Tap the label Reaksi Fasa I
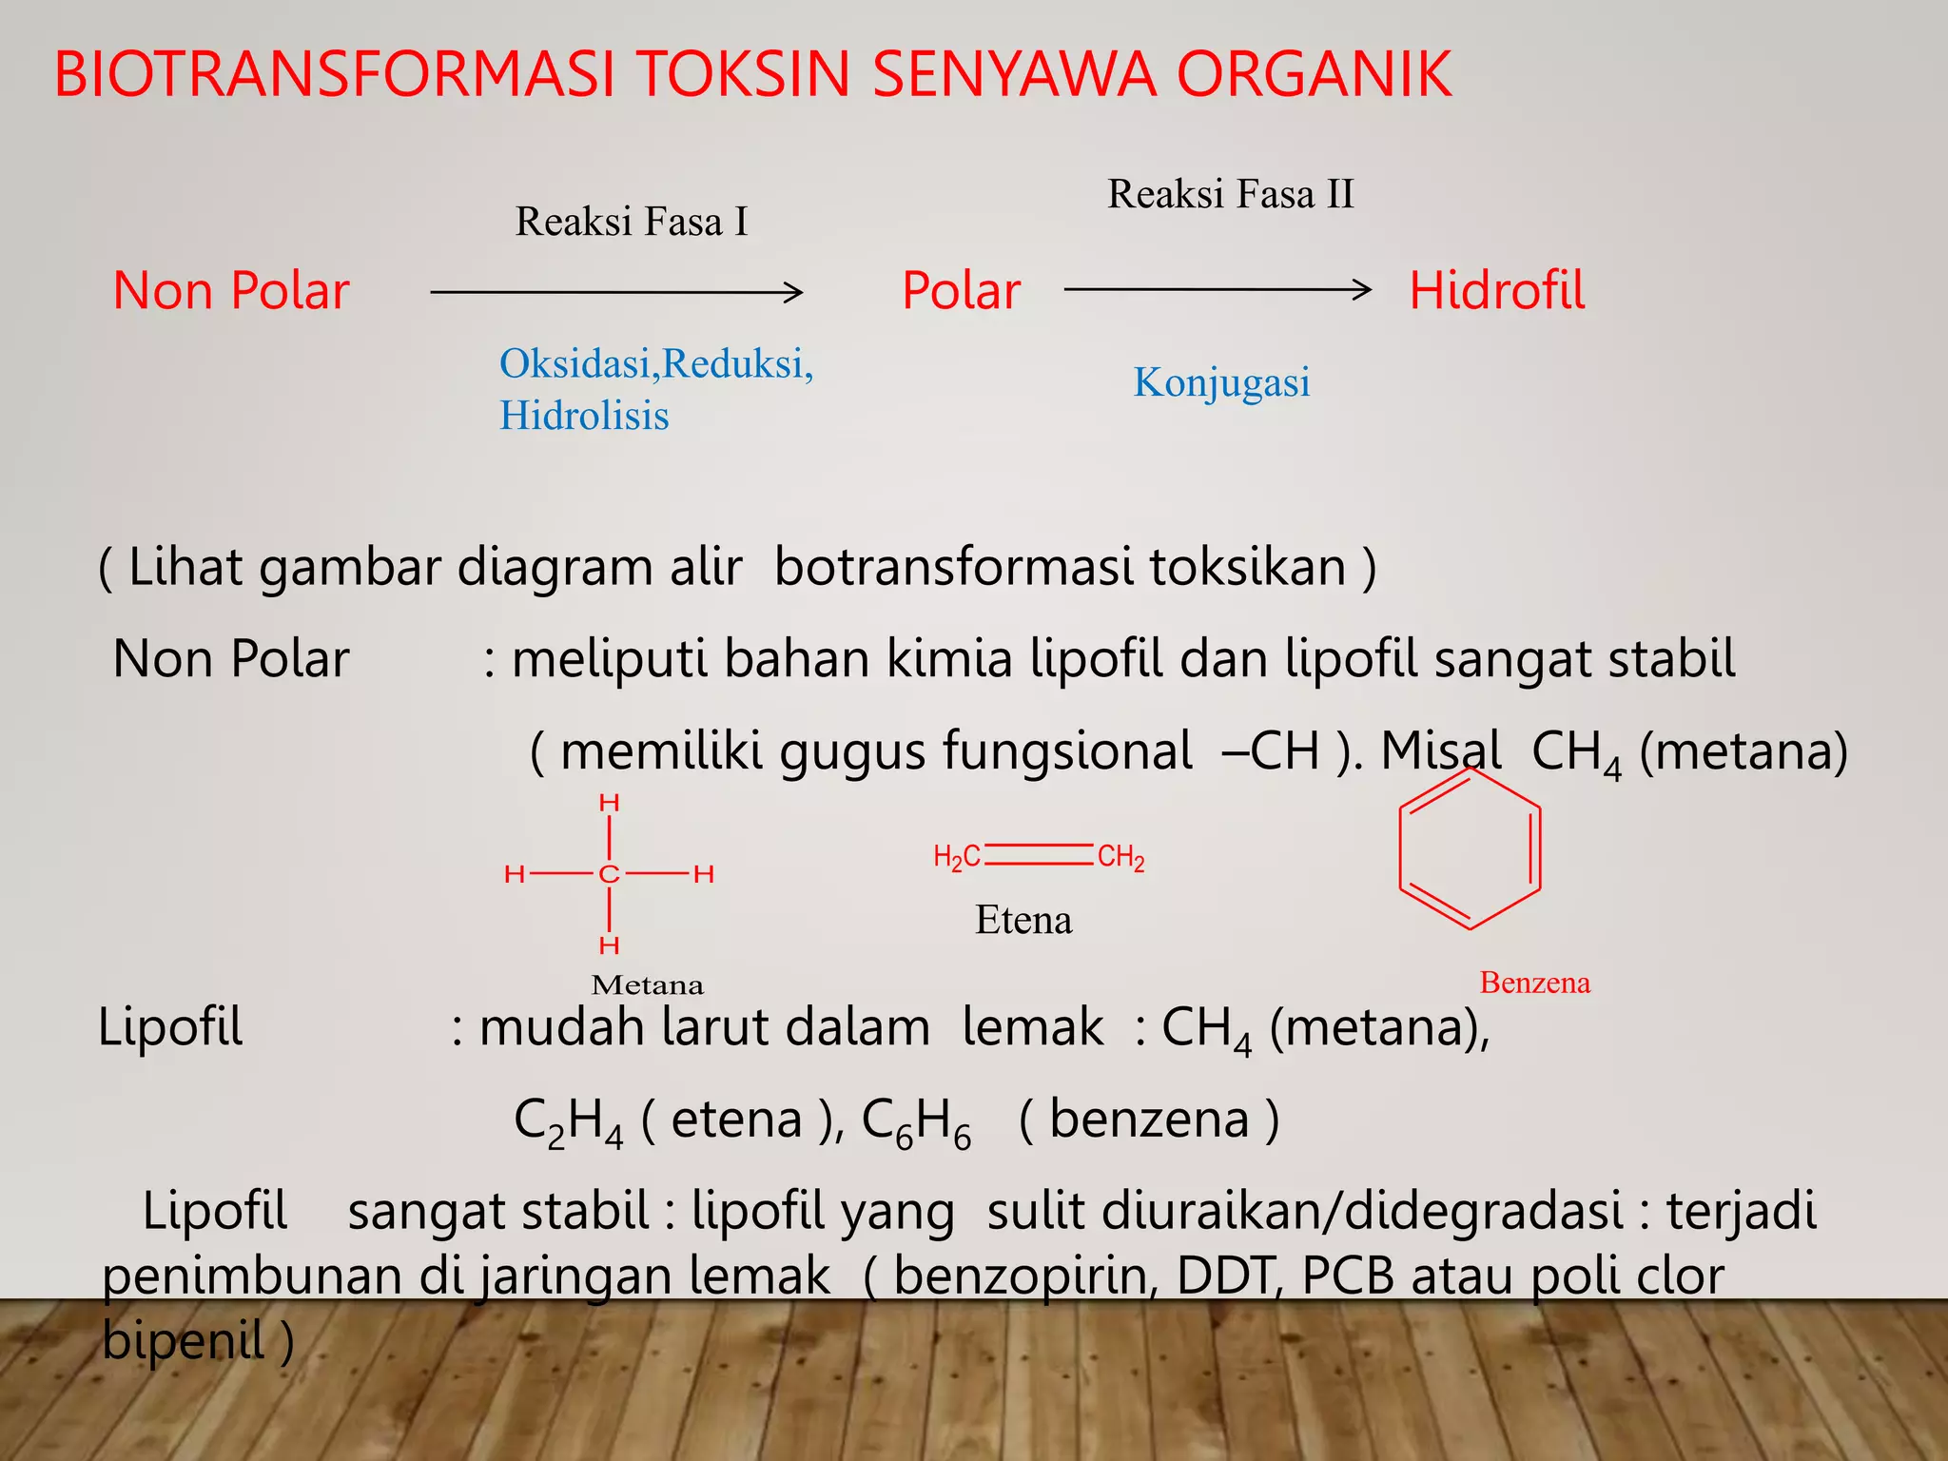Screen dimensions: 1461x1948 pos(632,222)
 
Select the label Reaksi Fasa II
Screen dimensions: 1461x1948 pos(1230,194)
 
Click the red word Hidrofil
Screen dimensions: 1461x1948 pos(1496,290)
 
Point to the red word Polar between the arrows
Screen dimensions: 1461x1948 pos(961,290)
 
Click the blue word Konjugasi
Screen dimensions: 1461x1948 pos(1221,382)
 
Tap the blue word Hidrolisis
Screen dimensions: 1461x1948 pos(584,416)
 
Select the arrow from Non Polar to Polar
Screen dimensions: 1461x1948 pos(616,292)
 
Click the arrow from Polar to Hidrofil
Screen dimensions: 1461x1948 pos(1217,288)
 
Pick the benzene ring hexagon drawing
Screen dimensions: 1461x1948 pos(1470,848)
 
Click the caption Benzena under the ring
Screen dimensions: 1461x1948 pos(1534,982)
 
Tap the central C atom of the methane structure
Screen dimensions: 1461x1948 pos(609,874)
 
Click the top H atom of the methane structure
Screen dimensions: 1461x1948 pos(609,804)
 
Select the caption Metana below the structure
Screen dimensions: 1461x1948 pos(647,984)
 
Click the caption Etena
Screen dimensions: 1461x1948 pos(1023,920)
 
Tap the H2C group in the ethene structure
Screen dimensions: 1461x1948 pos(956,857)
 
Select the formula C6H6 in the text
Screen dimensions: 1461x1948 pos(916,1121)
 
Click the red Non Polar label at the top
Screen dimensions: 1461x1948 pos(231,290)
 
